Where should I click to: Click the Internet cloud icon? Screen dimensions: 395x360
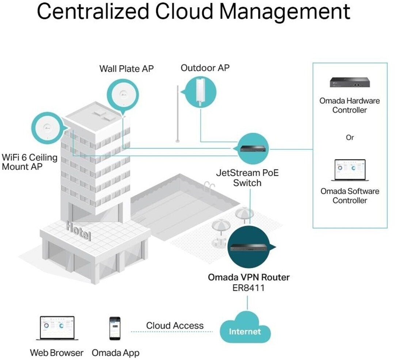click(x=245, y=328)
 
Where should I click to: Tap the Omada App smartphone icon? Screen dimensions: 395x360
click(x=115, y=328)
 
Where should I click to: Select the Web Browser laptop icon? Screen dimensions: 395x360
click(x=57, y=328)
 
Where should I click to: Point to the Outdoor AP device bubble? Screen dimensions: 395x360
click(x=200, y=92)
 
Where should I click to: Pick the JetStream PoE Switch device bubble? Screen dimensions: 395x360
click(x=252, y=149)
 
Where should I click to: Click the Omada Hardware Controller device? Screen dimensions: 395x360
click(x=350, y=82)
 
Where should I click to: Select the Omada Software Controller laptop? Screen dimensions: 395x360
click(x=350, y=170)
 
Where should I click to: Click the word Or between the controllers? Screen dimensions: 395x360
click(x=350, y=138)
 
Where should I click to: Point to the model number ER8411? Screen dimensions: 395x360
click(x=248, y=288)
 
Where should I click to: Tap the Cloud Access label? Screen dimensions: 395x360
click(x=175, y=326)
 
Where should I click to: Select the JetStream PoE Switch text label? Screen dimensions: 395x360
click(x=247, y=177)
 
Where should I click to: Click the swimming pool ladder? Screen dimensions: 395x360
click(x=209, y=187)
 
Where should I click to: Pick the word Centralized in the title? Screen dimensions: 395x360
click(x=93, y=11)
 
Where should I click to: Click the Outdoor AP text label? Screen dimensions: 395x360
click(x=205, y=68)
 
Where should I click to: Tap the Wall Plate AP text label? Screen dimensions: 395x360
click(x=126, y=69)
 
